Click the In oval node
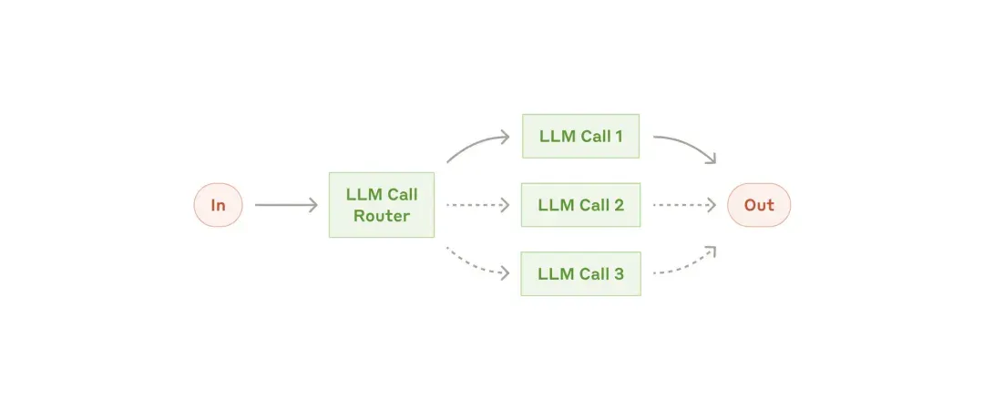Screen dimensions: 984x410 (218, 205)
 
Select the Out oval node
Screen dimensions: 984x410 (759, 205)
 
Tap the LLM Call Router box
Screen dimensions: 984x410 (382, 205)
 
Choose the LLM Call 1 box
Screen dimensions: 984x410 (580, 136)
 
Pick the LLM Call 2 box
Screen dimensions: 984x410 (580, 205)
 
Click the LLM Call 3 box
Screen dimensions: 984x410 (580, 273)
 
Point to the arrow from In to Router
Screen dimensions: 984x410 (286, 205)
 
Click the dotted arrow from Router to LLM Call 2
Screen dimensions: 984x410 (477, 205)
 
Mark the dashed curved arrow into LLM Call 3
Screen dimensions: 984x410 (477, 266)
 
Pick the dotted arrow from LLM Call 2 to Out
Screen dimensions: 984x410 (684, 205)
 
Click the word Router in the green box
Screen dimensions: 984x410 (382, 216)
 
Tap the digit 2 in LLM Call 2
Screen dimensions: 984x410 (619, 205)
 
